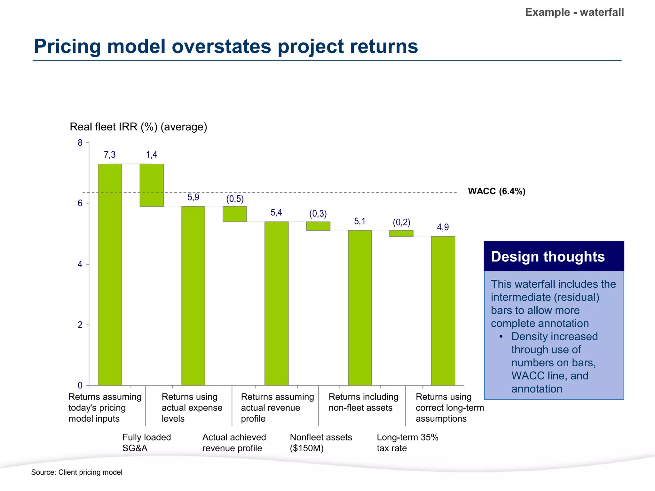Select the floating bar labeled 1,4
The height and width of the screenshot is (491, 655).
click(152, 185)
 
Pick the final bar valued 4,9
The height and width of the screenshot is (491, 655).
click(443, 311)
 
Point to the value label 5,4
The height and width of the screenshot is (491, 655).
click(276, 213)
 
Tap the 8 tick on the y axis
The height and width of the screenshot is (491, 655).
click(80, 143)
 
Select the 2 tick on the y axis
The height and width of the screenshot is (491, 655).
click(80, 325)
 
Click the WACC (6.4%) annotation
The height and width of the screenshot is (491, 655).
click(496, 191)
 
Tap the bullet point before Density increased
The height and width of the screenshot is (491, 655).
click(501, 337)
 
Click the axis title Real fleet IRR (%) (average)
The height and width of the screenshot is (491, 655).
click(138, 127)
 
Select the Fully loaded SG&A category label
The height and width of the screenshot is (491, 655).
click(146, 442)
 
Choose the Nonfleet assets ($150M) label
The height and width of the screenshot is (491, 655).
click(320, 442)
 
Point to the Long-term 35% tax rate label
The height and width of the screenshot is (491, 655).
click(407, 442)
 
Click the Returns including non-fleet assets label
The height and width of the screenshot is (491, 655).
click(363, 402)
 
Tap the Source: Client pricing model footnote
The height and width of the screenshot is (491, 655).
click(77, 472)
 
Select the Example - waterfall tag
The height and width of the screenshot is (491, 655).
click(574, 12)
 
